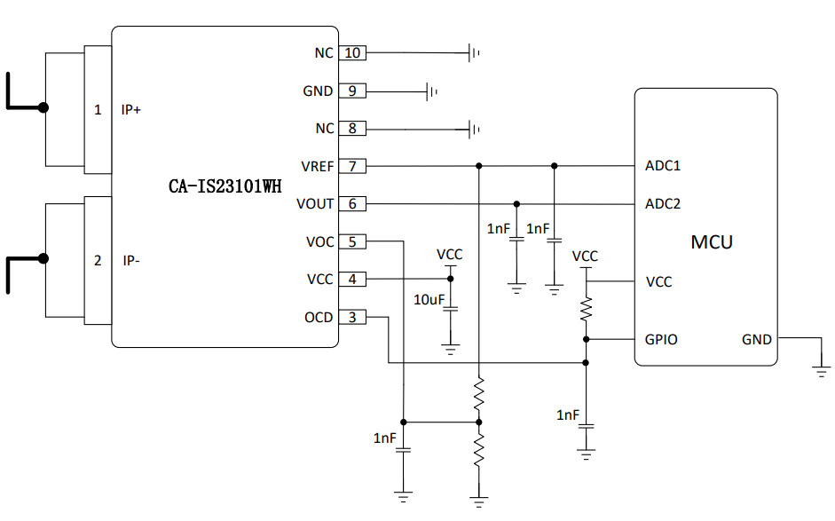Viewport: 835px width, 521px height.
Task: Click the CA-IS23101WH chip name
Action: click(225, 186)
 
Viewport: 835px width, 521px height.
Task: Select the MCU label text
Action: click(712, 241)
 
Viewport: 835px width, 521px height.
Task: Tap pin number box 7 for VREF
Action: click(351, 166)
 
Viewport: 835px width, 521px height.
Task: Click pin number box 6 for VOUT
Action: click(351, 204)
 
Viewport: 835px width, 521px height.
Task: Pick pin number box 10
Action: click(351, 53)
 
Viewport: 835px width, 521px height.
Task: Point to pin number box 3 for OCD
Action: click(351, 317)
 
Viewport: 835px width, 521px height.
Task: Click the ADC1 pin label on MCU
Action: click(663, 166)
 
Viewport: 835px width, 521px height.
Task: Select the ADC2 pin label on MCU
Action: click(663, 204)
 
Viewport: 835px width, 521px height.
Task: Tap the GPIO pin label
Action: click(661, 339)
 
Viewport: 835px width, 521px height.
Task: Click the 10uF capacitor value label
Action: click(429, 300)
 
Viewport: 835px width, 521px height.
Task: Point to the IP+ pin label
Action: click(131, 110)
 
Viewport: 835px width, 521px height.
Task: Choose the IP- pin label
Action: click(130, 261)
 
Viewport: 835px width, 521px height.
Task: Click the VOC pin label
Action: click(319, 241)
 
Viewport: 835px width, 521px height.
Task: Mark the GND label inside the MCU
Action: click(757, 339)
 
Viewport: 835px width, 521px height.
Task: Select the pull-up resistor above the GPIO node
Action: click(586, 309)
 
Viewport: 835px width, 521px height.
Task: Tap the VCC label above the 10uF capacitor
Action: click(450, 255)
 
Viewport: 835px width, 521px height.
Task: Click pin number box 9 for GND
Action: click(351, 91)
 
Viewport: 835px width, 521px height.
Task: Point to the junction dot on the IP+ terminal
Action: click(43, 107)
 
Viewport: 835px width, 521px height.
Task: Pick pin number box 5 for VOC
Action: click(351, 241)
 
